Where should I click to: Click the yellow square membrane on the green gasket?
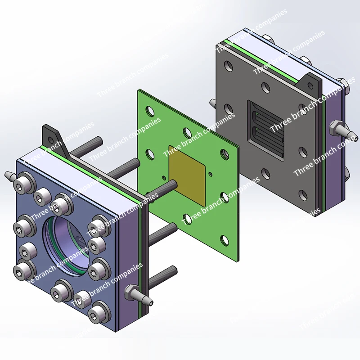pos(187,175)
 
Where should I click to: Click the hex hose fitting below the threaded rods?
pos(138,296)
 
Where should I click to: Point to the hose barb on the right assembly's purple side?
pos(344,131)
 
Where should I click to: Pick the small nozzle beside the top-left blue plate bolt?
pos(9,175)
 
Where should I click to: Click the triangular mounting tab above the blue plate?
pos(55,139)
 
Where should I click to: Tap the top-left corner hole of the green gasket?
pos(150,111)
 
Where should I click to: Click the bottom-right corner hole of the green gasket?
pos(225,240)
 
